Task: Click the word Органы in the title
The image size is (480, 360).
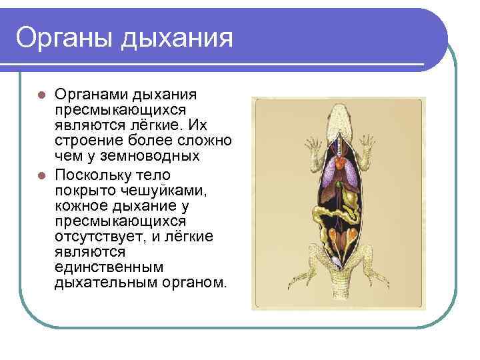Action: pyautogui.click(x=64, y=37)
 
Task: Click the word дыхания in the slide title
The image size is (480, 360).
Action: pyautogui.click(x=177, y=39)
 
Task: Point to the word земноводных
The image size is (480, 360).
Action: pyautogui.click(x=161, y=156)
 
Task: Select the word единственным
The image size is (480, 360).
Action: pyautogui.click(x=108, y=267)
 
